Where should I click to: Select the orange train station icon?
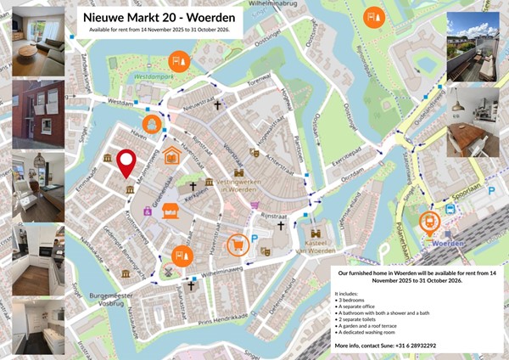430,222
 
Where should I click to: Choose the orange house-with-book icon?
172,155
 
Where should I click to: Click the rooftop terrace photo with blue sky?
473,47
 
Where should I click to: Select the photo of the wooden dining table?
473,121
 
